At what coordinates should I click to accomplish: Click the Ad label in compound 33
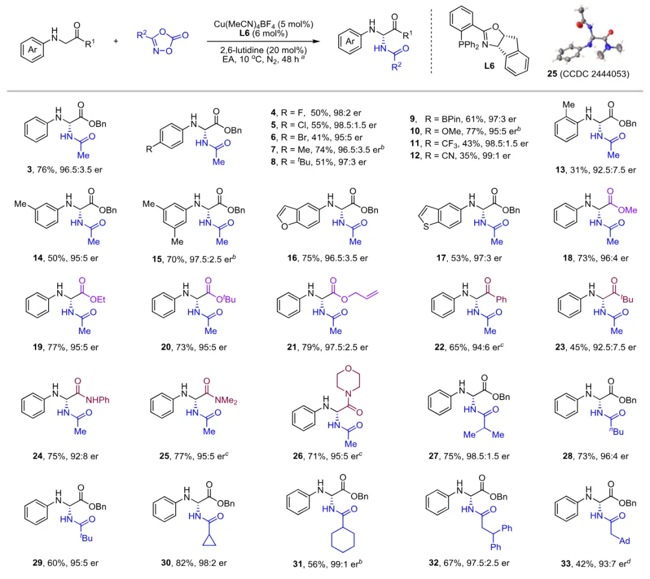(624, 540)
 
